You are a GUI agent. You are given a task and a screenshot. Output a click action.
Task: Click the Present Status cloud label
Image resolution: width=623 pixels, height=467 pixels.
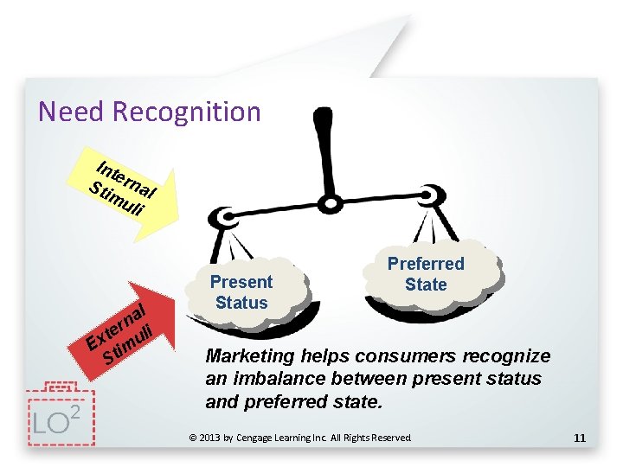coord(241,292)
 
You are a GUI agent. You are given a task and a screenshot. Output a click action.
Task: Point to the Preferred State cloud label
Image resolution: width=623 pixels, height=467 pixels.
coord(426,274)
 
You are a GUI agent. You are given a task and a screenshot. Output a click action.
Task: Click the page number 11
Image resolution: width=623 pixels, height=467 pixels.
coord(580,438)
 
